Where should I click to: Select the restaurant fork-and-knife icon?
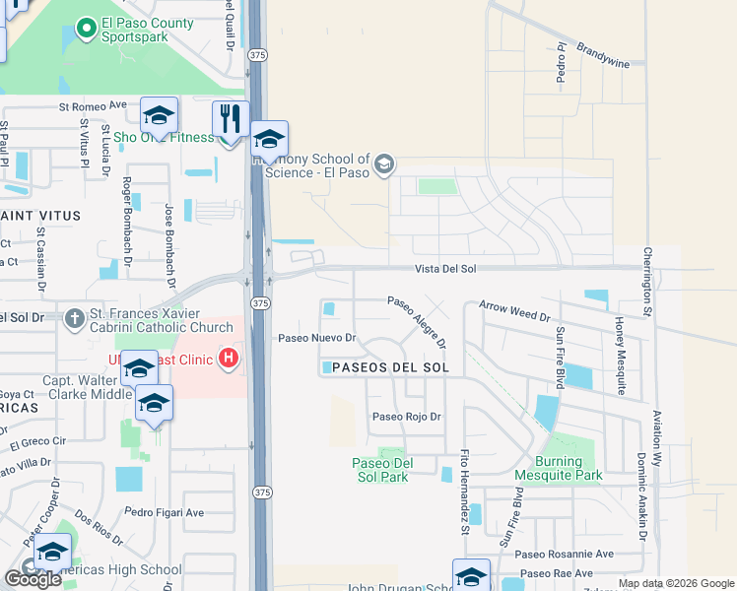(231, 119)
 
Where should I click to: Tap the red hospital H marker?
(229, 357)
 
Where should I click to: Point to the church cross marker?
(75, 318)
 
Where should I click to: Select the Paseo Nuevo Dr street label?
(315, 338)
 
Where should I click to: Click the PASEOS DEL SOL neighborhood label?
(384, 367)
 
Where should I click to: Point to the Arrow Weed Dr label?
(514, 312)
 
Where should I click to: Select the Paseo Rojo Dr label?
(406, 417)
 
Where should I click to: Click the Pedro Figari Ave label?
(164, 512)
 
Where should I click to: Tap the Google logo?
(33, 579)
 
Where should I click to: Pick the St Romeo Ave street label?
(94, 105)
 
